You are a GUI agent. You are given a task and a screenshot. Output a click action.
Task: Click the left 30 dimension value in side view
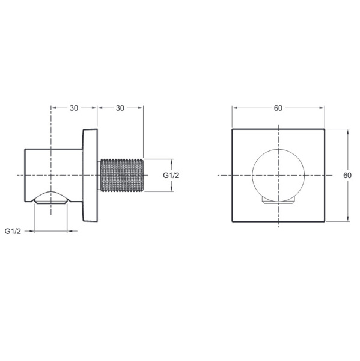click(74, 108)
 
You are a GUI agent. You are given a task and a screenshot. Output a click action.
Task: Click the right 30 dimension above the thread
click(120, 108)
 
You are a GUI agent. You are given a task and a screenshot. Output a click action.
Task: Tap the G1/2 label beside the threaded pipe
click(172, 175)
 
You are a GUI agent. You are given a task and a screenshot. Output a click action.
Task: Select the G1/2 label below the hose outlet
click(13, 231)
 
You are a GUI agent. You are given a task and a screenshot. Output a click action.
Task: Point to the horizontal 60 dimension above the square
click(278, 108)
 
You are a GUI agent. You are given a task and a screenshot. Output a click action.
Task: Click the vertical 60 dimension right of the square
click(347, 175)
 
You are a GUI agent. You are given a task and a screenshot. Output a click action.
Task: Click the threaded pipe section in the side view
click(121, 175)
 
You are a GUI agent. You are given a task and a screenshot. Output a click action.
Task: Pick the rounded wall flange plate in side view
click(91, 175)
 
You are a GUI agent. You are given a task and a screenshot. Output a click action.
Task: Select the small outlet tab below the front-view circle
click(278, 200)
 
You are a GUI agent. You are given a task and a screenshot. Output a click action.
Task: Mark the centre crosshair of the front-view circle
click(278, 175)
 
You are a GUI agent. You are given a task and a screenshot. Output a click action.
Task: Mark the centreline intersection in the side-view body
click(51, 175)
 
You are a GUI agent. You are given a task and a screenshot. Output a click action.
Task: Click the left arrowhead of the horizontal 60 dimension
click(234, 108)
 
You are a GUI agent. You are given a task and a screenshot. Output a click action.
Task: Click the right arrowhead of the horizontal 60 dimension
click(323, 108)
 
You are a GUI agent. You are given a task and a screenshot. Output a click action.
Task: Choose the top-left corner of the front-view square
click(233, 129)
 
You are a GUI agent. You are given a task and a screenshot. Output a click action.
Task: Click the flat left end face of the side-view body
click(25, 175)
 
